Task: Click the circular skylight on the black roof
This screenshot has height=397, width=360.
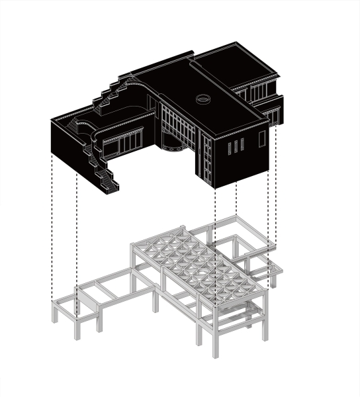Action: pos(203,99)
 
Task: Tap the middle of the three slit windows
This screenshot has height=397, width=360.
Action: pos(236,146)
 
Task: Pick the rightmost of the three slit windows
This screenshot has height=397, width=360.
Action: pos(242,144)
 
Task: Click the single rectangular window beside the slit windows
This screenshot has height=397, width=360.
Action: pos(262,138)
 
